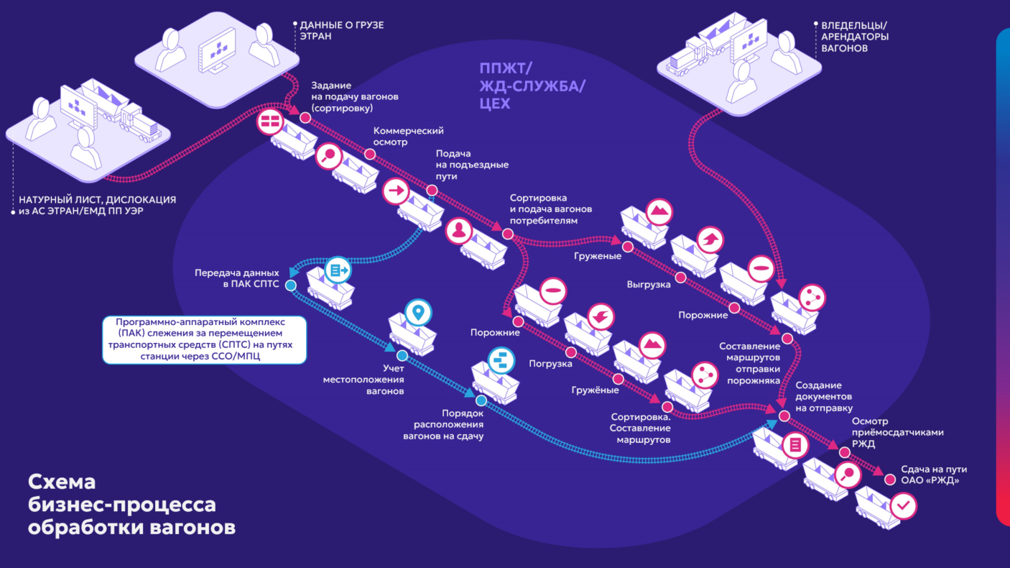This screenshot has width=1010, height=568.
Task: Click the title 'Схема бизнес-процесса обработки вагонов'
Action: point(131,505)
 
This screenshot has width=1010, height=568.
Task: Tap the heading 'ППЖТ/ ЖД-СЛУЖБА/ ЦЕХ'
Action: point(532,86)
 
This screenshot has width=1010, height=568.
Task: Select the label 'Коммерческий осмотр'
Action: point(409,136)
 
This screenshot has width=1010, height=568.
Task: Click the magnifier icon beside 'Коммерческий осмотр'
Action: point(329,156)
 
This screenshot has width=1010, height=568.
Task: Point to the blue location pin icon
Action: point(418,312)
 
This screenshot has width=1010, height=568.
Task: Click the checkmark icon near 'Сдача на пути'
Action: point(903,505)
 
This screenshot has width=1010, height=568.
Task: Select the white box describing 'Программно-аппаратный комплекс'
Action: point(205,339)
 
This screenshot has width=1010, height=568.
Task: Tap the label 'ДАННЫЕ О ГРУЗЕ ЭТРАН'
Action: point(342,31)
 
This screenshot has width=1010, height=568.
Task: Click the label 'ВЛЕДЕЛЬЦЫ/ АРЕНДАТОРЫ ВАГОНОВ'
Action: point(854,37)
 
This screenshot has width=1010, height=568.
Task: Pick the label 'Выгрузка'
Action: point(649,285)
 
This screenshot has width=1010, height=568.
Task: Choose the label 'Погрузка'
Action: point(550,364)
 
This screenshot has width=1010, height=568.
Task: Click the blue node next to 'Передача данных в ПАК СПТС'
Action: point(291,285)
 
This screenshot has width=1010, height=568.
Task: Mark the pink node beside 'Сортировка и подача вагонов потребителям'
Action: point(508,234)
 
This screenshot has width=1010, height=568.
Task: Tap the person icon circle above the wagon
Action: point(459,231)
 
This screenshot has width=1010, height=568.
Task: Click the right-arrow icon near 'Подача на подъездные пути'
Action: point(396,191)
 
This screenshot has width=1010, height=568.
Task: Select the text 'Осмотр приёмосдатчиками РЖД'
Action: point(897,432)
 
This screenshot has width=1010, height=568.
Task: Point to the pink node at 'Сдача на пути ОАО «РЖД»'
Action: point(889,480)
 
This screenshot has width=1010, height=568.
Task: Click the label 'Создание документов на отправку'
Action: point(824,397)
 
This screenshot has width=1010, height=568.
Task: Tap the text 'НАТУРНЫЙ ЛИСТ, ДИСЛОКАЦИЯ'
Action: point(98,199)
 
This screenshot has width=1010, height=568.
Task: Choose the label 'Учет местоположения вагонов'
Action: point(363,380)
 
